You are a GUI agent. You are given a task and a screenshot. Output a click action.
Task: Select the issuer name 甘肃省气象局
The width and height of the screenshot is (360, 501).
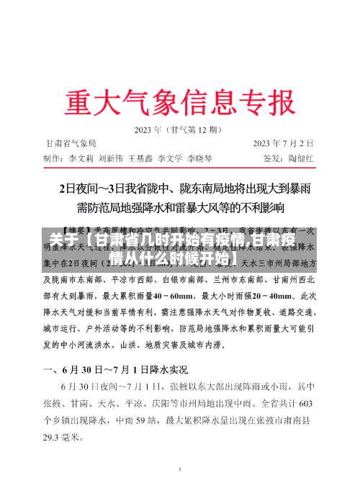[71, 144]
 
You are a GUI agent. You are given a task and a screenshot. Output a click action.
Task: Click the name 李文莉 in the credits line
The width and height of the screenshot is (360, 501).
[82, 157]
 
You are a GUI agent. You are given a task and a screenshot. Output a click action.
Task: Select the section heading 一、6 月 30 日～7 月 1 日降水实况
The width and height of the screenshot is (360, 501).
[115, 370]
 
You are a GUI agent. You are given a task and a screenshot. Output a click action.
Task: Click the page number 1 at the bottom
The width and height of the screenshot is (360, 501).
[179, 469]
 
